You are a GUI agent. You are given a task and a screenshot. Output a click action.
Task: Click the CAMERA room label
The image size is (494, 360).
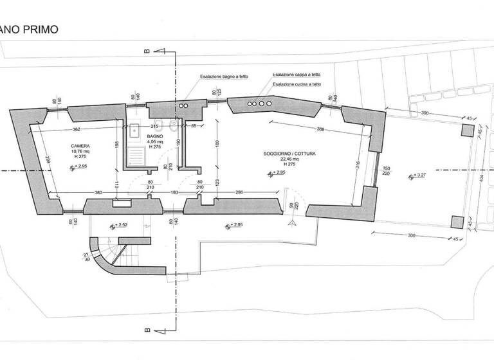(x=80, y=146)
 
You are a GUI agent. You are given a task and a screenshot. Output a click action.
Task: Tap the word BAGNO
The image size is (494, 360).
(x=154, y=137)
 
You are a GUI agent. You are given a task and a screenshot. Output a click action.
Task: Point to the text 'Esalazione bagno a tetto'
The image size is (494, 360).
(x=223, y=76)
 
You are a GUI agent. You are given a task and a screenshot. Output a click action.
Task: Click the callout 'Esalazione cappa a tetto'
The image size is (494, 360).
(x=297, y=75)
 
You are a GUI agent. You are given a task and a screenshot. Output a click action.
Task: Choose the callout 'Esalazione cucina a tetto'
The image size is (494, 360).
(x=297, y=84)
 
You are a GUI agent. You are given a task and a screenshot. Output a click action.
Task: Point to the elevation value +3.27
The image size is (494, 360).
(x=421, y=175)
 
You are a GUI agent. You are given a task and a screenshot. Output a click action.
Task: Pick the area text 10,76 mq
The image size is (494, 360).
(x=80, y=152)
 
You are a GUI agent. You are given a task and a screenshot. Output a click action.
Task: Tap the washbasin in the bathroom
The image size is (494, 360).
(x=136, y=132)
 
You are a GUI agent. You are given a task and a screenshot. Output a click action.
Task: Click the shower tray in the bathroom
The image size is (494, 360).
(x=136, y=155)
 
